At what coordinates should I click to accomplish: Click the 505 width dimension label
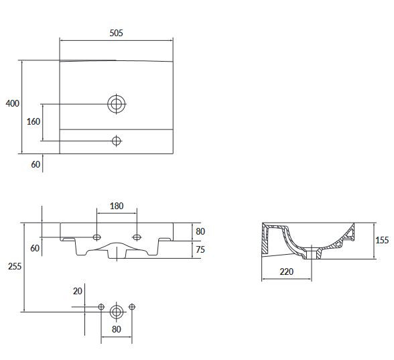(116, 33)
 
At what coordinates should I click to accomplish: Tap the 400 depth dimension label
(12, 103)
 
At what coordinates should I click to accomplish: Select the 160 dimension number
(34, 122)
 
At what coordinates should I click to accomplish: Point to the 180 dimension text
(117, 206)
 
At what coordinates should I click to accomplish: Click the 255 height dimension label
(15, 266)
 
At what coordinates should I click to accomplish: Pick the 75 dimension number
(200, 249)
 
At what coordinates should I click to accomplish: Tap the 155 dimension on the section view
(382, 240)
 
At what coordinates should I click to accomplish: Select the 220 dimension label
(287, 272)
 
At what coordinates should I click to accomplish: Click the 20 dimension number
(78, 291)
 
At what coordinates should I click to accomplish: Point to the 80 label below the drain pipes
(117, 329)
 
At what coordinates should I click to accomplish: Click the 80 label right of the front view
(200, 231)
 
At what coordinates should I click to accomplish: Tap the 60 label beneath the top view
(36, 164)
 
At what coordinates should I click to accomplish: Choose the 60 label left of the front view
(35, 248)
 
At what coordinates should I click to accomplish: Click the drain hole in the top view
(117, 104)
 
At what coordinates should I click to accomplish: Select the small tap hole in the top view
(117, 141)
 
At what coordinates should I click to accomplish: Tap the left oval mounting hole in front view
(96, 237)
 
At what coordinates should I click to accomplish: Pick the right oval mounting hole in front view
(137, 237)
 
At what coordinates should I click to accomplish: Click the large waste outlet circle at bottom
(117, 312)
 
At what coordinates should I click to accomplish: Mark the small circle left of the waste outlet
(101, 307)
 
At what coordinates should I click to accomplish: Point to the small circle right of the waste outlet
(132, 307)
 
